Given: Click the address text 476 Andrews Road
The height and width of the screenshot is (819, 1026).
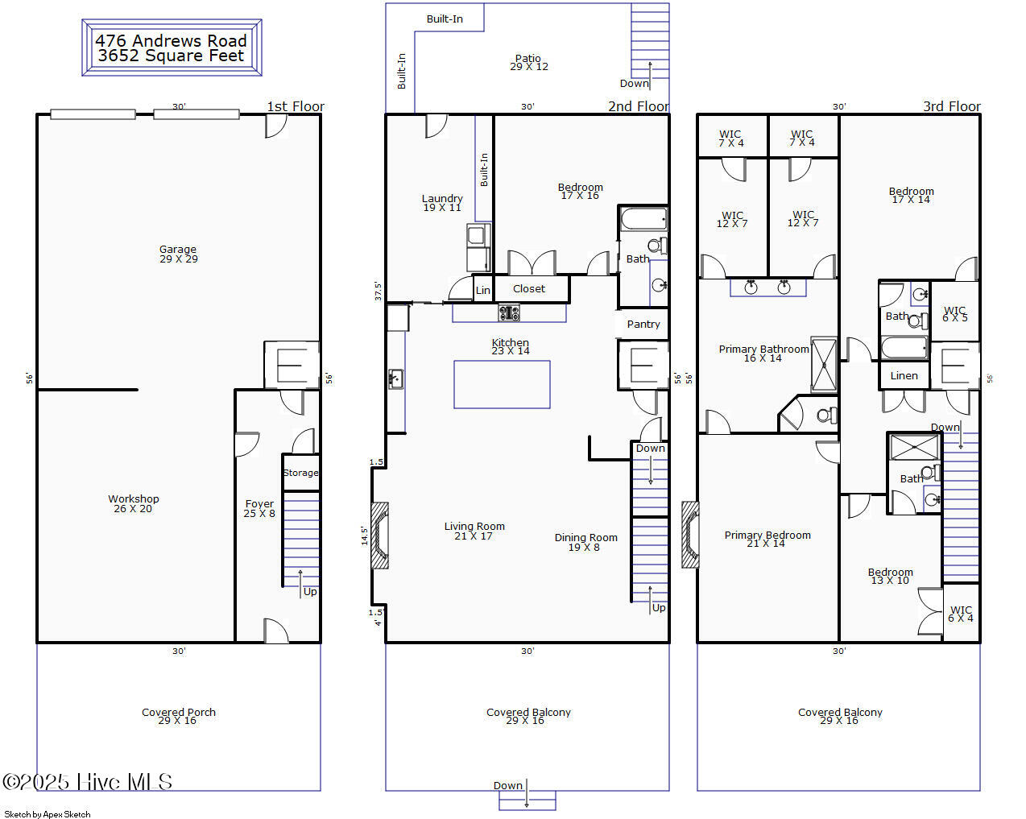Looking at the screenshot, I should click(171, 40).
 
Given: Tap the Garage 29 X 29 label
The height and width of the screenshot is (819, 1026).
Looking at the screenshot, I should click(178, 254).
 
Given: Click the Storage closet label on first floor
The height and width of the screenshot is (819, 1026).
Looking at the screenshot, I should click(300, 473).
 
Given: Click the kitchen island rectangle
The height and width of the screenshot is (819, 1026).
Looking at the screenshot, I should click(502, 384).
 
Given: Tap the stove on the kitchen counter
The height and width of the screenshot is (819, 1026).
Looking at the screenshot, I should click(509, 312).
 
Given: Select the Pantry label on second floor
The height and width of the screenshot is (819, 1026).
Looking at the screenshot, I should click(643, 324).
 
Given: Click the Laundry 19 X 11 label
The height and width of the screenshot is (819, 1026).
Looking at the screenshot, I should click(442, 203).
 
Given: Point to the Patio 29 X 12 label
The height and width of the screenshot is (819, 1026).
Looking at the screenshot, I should click(528, 62).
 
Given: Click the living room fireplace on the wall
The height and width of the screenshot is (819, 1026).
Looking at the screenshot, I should click(379, 536).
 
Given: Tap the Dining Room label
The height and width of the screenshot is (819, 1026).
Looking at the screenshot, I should click(585, 542).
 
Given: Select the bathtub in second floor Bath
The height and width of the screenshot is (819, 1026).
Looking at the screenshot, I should click(643, 219).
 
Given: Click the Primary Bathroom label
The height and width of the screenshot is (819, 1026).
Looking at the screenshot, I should click(763, 353).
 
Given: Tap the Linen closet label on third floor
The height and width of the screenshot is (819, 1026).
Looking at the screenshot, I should click(904, 375).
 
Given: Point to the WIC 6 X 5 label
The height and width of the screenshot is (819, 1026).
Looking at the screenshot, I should click(954, 314).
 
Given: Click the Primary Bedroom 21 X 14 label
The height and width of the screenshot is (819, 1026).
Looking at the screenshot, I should click(767, 539).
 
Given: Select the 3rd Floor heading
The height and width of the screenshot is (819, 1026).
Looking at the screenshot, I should click(951, 106).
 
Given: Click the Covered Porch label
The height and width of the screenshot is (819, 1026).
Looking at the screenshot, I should click(178, 716).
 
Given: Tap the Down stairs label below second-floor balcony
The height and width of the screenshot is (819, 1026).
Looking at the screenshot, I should click(508, 785).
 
